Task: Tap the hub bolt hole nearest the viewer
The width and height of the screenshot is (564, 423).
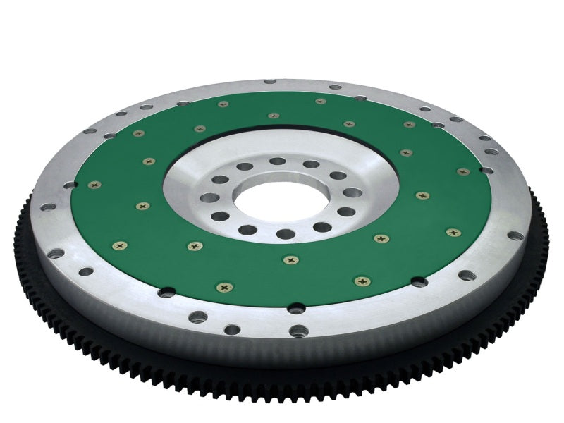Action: point(285,233)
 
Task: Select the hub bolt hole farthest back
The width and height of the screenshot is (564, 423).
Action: point(277,161)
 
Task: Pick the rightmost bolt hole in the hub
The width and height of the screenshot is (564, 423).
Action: point(352,192)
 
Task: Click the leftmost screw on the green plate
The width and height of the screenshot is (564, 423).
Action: point(94,185)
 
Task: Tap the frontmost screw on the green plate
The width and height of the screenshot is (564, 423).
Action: point(224,288)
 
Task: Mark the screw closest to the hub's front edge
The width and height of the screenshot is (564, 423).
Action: point(290,260)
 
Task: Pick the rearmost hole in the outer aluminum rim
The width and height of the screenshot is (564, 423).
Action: point(271,82)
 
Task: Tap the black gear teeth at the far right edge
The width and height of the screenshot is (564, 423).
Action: point(544,233)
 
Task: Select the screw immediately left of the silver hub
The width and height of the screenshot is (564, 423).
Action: point(143,206)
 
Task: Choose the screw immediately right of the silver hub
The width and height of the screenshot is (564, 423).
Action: point(422,195)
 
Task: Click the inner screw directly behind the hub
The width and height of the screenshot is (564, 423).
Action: point(273,115)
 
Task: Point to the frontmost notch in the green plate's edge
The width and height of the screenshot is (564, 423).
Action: point(296,307)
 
